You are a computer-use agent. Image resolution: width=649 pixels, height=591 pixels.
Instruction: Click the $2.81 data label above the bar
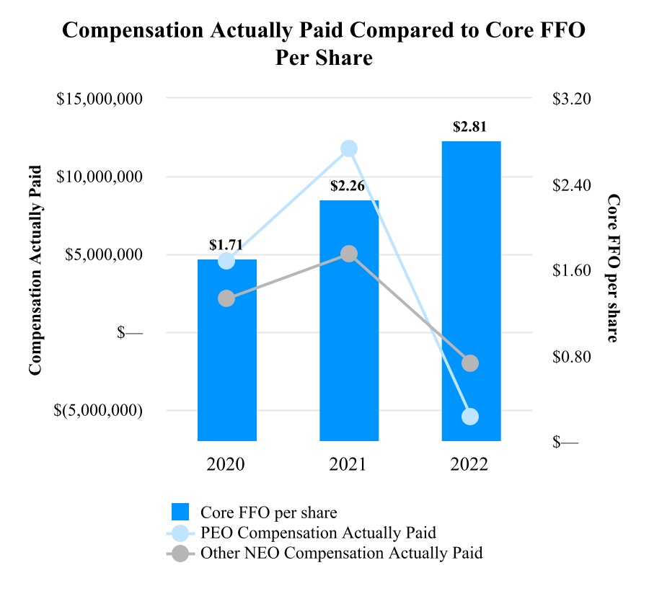coord(470,127)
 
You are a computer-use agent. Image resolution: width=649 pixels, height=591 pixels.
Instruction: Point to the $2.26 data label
coord(348,186)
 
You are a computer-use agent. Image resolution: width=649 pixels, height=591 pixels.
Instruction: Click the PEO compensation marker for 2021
coord(349,148)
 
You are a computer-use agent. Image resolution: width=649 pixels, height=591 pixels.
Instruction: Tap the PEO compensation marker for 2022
coord(470,417)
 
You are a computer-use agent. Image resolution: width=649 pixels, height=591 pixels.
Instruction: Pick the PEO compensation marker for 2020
coord(226,261)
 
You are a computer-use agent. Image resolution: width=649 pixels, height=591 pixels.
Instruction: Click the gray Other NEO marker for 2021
coord(349,254)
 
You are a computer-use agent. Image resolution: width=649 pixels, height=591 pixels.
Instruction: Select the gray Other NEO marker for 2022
coord(470,363)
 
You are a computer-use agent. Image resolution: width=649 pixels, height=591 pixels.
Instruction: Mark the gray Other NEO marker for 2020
coord(226,298)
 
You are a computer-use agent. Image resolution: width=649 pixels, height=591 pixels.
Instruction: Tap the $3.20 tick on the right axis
coord(571,99)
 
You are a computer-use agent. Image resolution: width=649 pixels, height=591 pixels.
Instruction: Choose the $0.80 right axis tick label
coord(571,357)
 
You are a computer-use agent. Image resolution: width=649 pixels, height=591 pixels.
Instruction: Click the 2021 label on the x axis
coord(348,464)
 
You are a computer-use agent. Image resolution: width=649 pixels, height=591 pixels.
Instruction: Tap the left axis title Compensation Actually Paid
coord(34,270)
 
